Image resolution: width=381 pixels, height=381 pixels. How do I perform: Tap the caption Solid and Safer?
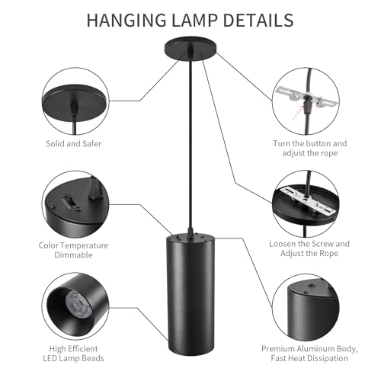pyautogui.click(x=73, y=142)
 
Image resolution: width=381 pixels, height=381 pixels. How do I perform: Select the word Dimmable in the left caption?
pyautogui.click(x=73, y=257)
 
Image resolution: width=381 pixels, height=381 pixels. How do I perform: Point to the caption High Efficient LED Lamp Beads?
pyautogui.click(x=73, y=353)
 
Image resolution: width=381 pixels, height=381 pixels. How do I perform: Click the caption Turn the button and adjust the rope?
pyautogui.click(x=310, y=148)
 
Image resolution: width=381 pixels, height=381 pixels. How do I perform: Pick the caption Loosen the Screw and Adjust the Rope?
pyautogui.click(x=310, y=249)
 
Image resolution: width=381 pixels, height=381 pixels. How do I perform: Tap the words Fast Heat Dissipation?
pyautogui.click(x=310, y=357)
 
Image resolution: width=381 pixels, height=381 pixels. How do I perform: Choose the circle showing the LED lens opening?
pyautogui.click(x=73, y=308)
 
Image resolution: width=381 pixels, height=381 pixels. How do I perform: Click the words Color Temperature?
pyautogui.click(x=73, y=245)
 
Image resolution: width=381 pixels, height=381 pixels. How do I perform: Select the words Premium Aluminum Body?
pyautogui.click(x=310, y=347)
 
